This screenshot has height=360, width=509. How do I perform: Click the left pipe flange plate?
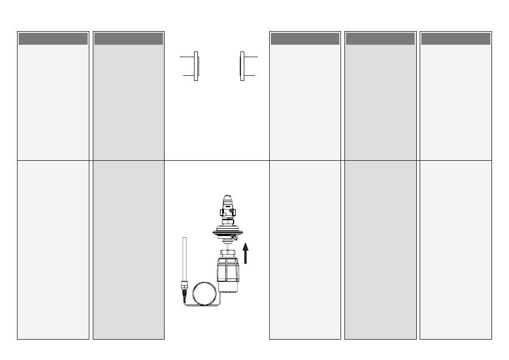(196, 66)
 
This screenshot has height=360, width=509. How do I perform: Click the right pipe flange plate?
(242, 66)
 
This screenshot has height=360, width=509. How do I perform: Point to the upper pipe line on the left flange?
(187, 57)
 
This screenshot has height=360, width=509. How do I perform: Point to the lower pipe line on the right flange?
(250, 75)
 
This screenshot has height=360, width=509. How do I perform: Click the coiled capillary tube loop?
(203, 295)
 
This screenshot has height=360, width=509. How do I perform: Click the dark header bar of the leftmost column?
(53, 38)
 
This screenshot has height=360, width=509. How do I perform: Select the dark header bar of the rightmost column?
(455, 38)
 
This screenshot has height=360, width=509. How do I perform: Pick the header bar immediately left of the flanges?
(128, 38)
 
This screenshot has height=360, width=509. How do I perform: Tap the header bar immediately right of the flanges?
(305, 38)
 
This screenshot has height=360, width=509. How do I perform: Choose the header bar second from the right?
(380, 38)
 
